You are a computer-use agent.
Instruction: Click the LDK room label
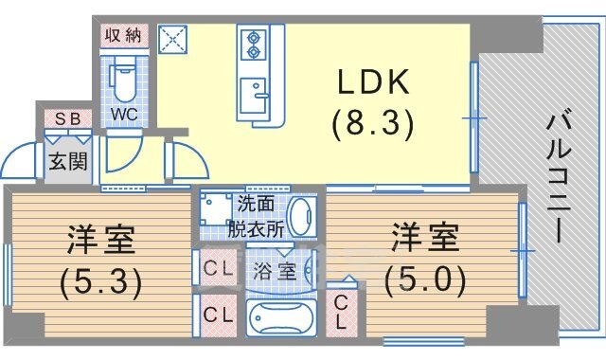[x=372, y=83]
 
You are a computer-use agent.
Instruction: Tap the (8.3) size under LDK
[x=372, y=122]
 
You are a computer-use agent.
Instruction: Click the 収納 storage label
[x=121, y=36]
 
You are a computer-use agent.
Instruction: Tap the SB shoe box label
[x=67, y=118]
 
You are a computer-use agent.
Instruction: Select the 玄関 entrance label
[x=67, y=160]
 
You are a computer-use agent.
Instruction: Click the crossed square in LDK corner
[x=175, y=38]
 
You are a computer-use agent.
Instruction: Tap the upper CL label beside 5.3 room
[x=219, y=268]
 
